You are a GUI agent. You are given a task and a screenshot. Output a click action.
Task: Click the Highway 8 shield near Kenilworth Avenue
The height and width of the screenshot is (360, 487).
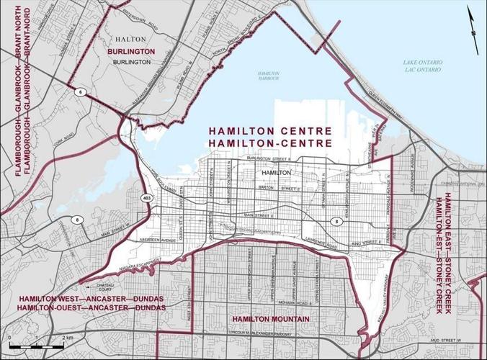pos(336,220)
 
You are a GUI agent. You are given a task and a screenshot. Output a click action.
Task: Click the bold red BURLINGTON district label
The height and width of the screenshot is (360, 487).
pos(131,53)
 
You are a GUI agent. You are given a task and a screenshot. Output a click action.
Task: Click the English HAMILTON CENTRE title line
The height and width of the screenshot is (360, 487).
pos(269,132)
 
